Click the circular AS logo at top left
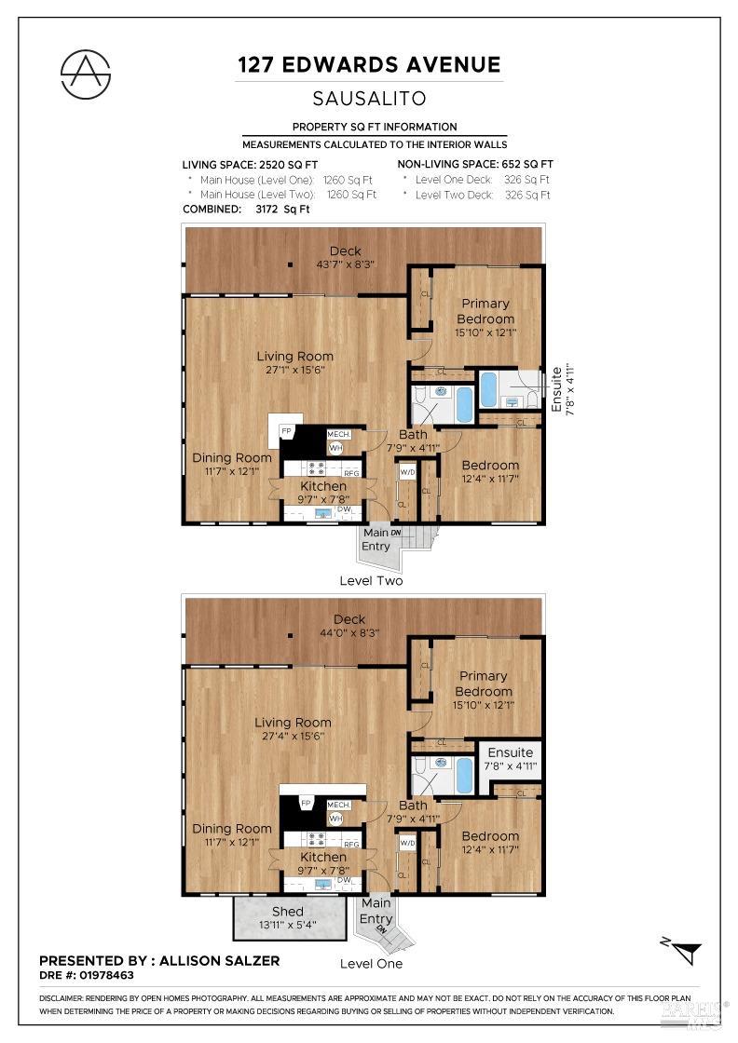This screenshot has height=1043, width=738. (86, 73)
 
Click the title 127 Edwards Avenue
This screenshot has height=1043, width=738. (369, 64)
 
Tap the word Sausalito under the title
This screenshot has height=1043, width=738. (369, 98)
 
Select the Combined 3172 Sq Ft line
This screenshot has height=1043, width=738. (246, 210)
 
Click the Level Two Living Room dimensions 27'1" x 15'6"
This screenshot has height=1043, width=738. (294, 370)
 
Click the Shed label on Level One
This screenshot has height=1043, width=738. (287, 911)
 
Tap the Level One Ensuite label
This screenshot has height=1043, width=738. (510, 752)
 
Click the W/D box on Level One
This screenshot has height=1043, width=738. (407, 843)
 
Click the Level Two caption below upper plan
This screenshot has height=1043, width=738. (371, 581)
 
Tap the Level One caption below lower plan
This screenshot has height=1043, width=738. (371, 963)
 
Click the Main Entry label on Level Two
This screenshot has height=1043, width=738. (376, 539)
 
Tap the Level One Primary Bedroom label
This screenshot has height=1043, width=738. (483, 684)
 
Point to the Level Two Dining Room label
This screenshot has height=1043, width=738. (232, 457)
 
